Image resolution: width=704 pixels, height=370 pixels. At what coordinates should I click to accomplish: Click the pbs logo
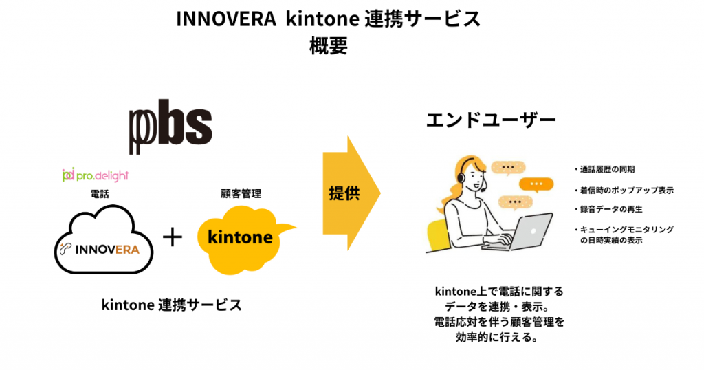coord(170,127)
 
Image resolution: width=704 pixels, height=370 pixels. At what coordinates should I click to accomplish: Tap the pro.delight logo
coord(96,175)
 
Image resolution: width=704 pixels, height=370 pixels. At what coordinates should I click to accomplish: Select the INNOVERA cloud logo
coord(104,240)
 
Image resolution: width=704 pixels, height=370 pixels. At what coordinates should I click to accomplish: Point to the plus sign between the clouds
coord(173,237)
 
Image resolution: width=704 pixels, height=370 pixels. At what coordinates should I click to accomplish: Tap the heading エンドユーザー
coord(491,120)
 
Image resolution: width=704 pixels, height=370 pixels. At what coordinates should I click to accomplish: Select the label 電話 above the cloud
coord(100,193)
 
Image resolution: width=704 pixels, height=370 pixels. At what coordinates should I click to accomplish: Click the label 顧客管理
coord(241,193)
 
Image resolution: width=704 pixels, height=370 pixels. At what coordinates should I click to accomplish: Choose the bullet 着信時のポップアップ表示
coord(624,191)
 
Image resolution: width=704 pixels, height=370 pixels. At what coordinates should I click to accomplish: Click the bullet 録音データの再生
coord(608,209)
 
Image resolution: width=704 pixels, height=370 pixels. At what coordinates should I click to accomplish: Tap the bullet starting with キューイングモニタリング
coord(624,235)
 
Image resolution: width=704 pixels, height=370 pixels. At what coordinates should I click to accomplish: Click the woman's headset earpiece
coord(461,178)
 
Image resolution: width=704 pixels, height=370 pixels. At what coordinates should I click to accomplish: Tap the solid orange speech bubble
coord(536,184)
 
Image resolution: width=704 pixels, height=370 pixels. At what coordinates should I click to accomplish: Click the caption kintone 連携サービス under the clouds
coord(171,305)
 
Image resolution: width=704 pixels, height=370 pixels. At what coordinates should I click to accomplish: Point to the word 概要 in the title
coord(329,46)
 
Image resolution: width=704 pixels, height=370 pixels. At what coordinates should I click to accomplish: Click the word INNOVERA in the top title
coord(225,19)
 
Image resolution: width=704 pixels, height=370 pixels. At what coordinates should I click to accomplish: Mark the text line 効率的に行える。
coord(497,337)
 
